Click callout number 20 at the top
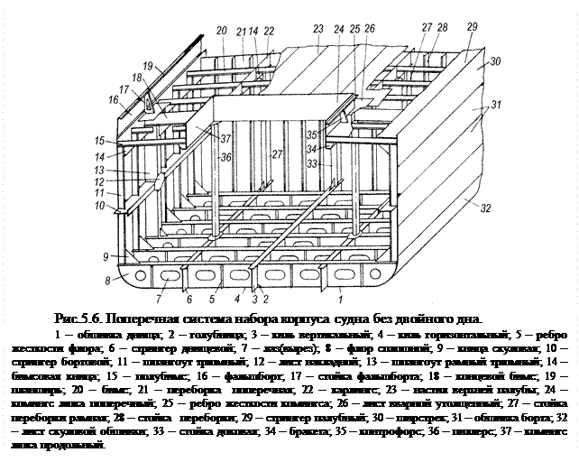tap(222, 32)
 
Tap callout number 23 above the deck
tap(318, 30)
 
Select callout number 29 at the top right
tap(473, 27)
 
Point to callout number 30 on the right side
tap(495, 61)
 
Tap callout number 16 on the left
tap(113, 99)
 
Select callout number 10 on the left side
tap(98, 207)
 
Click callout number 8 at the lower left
tap(107, 281)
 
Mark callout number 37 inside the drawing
tap(225, 138)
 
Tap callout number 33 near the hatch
tap(313, 163)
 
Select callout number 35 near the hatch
tap(313, 136)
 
